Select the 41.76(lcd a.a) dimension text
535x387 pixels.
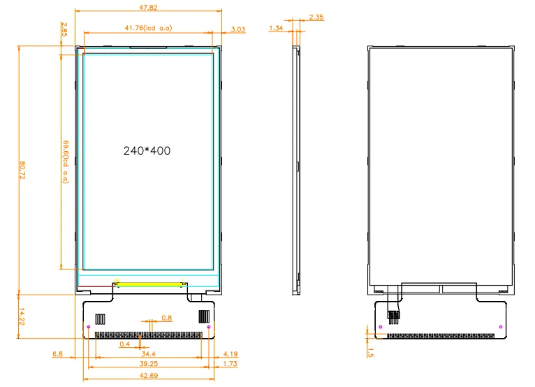point(148,28)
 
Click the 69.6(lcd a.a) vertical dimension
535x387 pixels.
point(64,160)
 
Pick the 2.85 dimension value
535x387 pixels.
point(64,29)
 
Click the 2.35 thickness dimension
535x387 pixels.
point(316,17)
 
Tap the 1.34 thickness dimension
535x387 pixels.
point(276,28)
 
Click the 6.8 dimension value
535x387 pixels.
point(57,355)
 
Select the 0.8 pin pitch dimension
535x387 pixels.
point(166,318)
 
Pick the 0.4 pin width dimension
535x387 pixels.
point(124,344)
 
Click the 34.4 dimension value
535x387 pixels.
point(148,355)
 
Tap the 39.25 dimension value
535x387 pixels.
point(148,365)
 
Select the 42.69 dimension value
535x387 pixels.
point(148,376)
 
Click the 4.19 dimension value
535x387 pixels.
point(232,355)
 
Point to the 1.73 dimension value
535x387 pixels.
point(232,365)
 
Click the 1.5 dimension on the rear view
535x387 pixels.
point(371,353)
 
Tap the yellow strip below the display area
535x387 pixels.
point(149,284)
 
